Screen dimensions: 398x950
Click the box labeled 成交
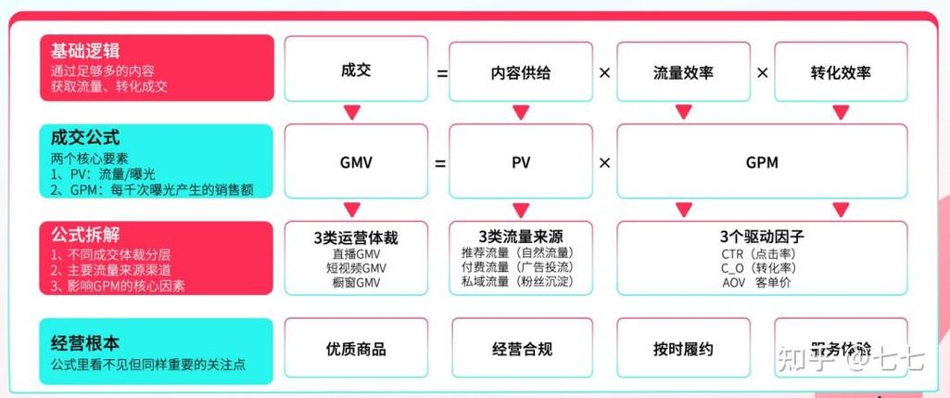click(x=356, y=70)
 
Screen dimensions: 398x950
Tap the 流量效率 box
click(x=683, y=71)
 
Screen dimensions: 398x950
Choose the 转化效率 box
click(x=841, y=71)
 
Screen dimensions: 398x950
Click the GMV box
click(x=356, y=162)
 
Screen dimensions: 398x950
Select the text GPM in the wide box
click(x=762, y=162)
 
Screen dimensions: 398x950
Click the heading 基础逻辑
click(x=85, y=50)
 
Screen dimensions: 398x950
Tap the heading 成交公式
click(x=85, y=137)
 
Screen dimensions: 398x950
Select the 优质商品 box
click(x=356, y=350)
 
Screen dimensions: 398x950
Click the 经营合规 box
click(x=522, y=350)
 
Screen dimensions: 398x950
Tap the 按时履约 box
click(x=683, y=350)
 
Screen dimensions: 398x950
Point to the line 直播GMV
click(x=356, y=253)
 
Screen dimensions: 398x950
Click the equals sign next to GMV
click(x=439, y=163)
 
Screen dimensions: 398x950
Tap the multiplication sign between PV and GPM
click(x=604, y=163)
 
